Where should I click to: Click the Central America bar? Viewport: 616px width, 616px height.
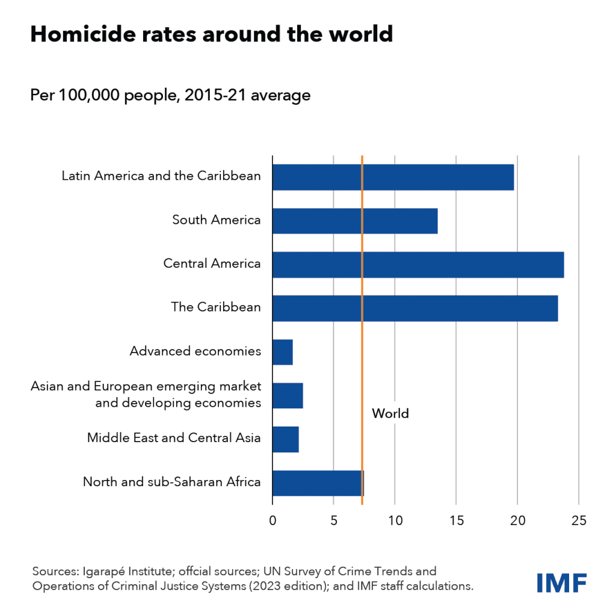pos(417,265)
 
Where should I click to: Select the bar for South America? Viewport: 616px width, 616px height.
pos(354,221)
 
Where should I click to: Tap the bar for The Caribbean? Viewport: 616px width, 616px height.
pos(414,308)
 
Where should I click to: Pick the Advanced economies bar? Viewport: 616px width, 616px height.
pos(282,352)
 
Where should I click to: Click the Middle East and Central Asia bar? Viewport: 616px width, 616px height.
pos(285,439)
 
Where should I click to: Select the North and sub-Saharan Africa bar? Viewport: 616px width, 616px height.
pos(318,482)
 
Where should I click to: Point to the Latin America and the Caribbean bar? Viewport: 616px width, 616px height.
pos(393,177)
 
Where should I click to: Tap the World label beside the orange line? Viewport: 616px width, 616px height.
pos(390,414)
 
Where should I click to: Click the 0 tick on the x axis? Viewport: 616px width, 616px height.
pos(273,520)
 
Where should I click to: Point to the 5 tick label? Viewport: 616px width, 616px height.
pos(333,520)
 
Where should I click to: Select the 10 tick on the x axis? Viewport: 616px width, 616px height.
pos(395,520)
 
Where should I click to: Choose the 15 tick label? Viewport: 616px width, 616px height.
pos(456,520)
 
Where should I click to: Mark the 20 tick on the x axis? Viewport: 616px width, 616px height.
pos(517,520)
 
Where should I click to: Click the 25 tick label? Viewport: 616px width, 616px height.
pos(578,520)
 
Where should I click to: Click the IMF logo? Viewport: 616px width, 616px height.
pos(561,582)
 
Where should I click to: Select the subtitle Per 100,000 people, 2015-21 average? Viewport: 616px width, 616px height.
pos(170,95)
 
